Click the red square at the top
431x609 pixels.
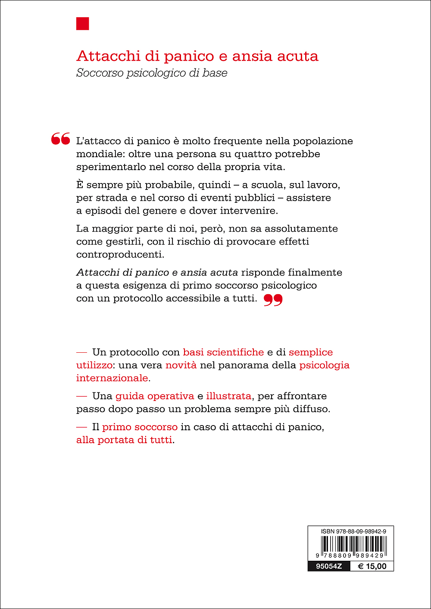pyautogui.click(x=83, y=24)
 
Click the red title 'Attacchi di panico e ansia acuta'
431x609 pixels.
pyautogui.click(x=197, y=56)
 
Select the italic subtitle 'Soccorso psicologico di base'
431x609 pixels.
pyautogui.click(x=152, y=73)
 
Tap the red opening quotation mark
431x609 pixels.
pyautogui.click(x=61, y=139)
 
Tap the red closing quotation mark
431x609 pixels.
pyautogui.click(x=273, y=300)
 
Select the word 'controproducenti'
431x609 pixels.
pyautogui.click(x=120, y=254)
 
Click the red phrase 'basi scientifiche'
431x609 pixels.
pyautogui.click(x=223, y=352)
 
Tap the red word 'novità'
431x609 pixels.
pyautogui.click(x=181, y=365)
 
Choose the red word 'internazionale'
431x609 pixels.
pyautogui.click(x=112, y=378)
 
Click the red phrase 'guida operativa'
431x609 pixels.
pyautogui.click(x=155, y=396)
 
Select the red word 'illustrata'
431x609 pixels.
pyautogui.click(x=229, y=396)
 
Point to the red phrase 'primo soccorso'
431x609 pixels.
pyautogui.click(x=140, y=427)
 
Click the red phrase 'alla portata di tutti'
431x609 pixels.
pyautogui.click(x=124, y=440)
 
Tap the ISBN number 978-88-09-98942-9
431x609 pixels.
pyautogui.click(x=353, y=531)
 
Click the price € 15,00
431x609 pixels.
pyautogui.click(x=372, y=566)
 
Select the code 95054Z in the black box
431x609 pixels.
pyautogui.click(x=329, y=566)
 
